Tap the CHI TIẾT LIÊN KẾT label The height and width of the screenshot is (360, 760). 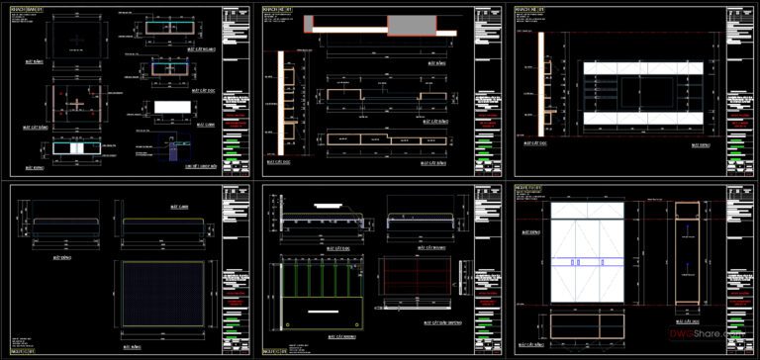tap(176, 168)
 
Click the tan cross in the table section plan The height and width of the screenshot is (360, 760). tap(75, 103)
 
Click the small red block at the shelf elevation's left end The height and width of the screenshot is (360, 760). tap(309, 24)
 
